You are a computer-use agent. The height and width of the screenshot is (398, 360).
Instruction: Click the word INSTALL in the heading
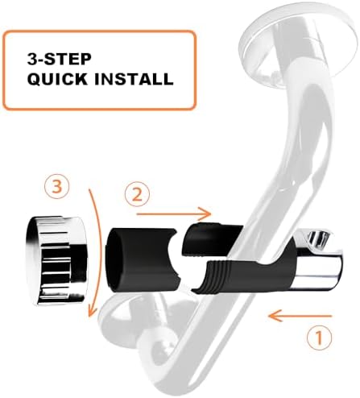tap(134, 79)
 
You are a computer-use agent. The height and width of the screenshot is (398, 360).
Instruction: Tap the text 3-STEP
tap(60, 59)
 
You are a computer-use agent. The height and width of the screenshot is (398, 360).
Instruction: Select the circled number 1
tap(319, 337)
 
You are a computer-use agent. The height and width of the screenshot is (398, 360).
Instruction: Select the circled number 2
tap(137, 194)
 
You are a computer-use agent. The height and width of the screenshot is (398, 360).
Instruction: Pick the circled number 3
tap(57, 186)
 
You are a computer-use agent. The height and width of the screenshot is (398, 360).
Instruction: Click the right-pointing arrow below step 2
tap(173, 214)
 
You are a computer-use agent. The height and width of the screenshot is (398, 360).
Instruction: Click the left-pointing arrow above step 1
tap(300, 316)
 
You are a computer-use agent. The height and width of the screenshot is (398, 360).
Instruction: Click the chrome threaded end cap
tap(56, 260)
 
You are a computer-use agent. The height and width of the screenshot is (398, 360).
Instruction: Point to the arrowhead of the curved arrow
tap(93, 312)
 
